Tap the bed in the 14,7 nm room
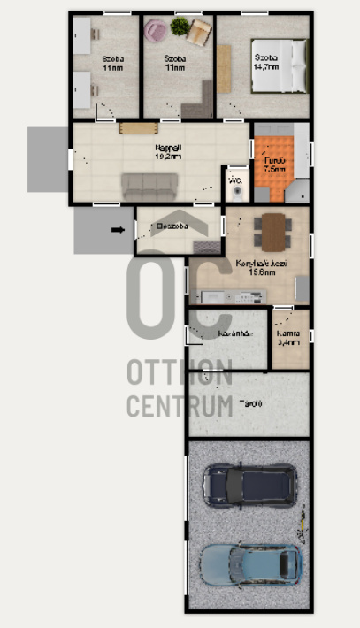[280, 67]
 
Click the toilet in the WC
[236, 188]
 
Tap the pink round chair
[156, 31]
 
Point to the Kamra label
[287, 332]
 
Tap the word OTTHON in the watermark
[180, 373]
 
